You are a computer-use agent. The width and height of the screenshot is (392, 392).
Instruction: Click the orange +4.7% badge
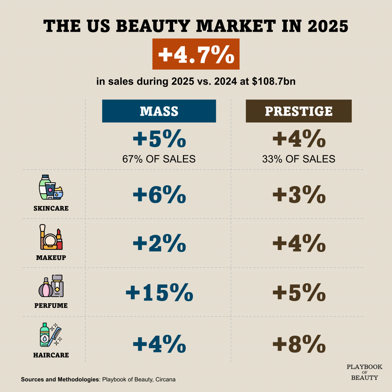click(196, 54)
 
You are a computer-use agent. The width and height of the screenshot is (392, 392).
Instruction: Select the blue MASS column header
click(159, 111)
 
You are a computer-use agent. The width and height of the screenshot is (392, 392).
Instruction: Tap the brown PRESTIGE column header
click(299, 111)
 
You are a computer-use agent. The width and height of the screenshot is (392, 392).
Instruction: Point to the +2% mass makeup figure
click(159, 243)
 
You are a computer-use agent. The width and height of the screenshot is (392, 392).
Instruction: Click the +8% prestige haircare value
click(299, 343)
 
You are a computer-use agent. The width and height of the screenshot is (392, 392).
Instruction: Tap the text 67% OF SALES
click(159, 159)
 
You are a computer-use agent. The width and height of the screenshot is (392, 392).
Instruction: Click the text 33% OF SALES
click(299, 159)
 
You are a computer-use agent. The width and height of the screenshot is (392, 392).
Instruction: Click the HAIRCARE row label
click(51, 355)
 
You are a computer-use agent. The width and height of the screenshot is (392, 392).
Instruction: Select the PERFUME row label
click(51, 306)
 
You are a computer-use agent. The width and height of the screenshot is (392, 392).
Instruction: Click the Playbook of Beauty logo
click(364, 372)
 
